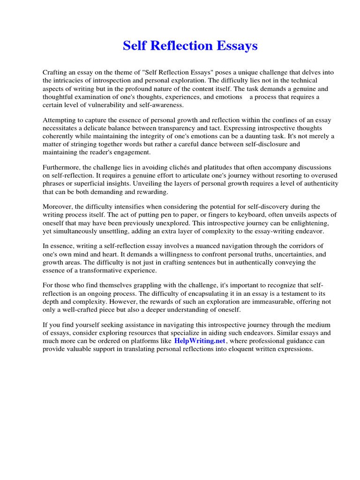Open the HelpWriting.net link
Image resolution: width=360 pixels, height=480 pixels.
click(x=200, y=341)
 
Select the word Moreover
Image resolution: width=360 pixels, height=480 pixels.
click(x=57, y=207)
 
